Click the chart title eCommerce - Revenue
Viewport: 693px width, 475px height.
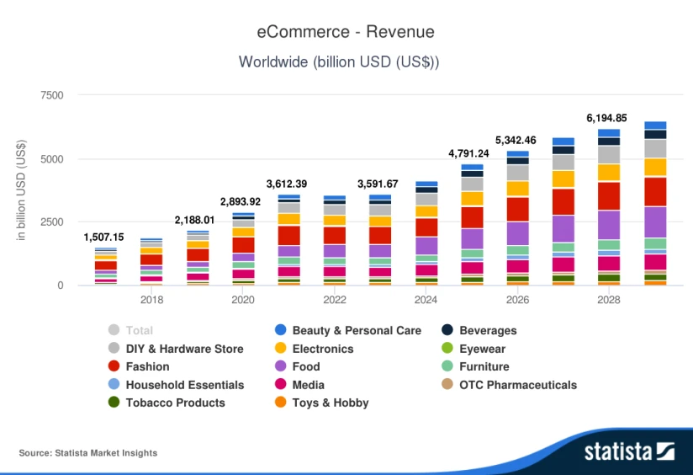coord(346,32)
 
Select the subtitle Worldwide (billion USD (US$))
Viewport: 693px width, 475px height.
coord(339,61)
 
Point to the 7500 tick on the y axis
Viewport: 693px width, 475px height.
coord(51,95)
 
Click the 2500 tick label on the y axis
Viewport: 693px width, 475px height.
coord(51,222)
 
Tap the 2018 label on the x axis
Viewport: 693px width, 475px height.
coord(151,299)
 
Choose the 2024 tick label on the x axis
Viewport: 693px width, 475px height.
coord(426,299)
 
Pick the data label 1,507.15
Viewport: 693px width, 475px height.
coord(105,237)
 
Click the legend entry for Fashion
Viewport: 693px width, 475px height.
coord(147,366)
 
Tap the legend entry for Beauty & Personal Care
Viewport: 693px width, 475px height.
coord(357,330)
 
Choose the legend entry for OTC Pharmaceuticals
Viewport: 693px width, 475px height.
coord(518,385)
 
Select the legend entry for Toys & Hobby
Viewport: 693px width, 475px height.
coord(331,403)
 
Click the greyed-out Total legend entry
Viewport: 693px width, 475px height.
coord(139,330)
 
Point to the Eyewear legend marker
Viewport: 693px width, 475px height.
coord(448,349)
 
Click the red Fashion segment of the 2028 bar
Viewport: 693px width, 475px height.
coord(608,195)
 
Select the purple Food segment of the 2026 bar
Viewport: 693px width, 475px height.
coord(517,233)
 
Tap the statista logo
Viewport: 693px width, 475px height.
coord(629,451)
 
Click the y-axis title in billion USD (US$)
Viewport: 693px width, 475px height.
coord(21,190)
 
